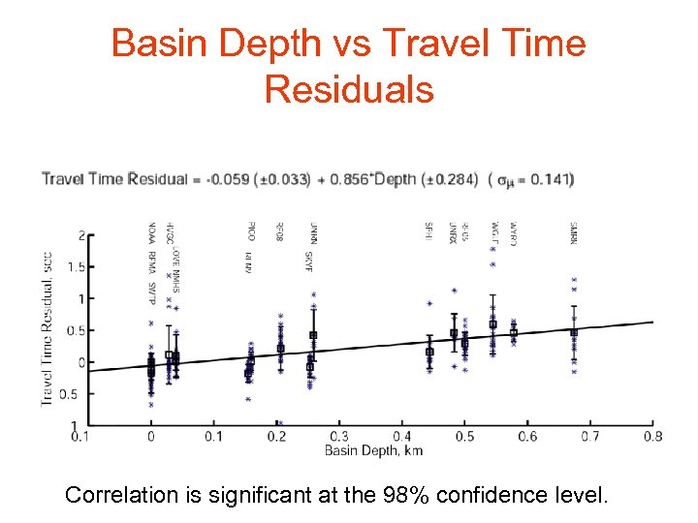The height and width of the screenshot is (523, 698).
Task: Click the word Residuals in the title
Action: click(x=349, y=89)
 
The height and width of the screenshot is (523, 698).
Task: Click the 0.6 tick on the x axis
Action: click(x=527, y=437)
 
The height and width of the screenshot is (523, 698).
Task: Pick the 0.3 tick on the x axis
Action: click(x=339, y=437)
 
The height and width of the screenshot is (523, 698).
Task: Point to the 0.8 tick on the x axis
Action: click(x=652, y=437)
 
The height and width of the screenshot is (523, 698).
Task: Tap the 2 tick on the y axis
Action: click(x=81, y=234)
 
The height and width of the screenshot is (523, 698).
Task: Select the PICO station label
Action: click(x=251, y=231)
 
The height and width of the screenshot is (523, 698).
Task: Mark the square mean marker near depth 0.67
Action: click(x=574, y=332)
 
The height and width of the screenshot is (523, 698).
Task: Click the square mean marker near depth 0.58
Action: click(x=514, y=332)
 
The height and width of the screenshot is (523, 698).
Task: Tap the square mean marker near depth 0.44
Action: click(x=429, y=352)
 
